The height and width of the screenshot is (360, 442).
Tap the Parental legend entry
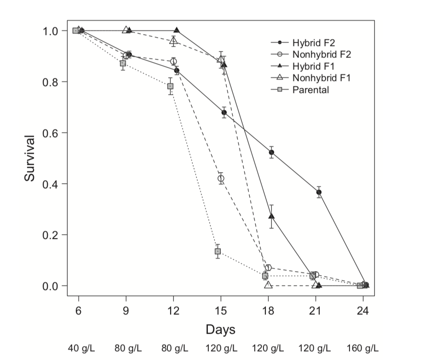310,90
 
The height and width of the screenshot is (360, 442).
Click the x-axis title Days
220,330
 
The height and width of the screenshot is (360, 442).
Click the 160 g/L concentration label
363,348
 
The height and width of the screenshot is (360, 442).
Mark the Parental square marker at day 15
218,251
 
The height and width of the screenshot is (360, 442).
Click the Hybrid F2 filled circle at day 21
319,192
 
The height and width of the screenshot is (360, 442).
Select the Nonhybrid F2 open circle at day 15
221,178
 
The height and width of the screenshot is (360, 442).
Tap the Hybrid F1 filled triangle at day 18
271,216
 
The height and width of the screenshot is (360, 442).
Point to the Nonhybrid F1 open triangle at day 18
268,285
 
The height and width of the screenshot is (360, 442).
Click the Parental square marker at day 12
171,86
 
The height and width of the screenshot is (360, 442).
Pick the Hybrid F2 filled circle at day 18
271,152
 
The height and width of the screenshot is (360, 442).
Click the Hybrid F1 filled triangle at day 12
177,30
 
